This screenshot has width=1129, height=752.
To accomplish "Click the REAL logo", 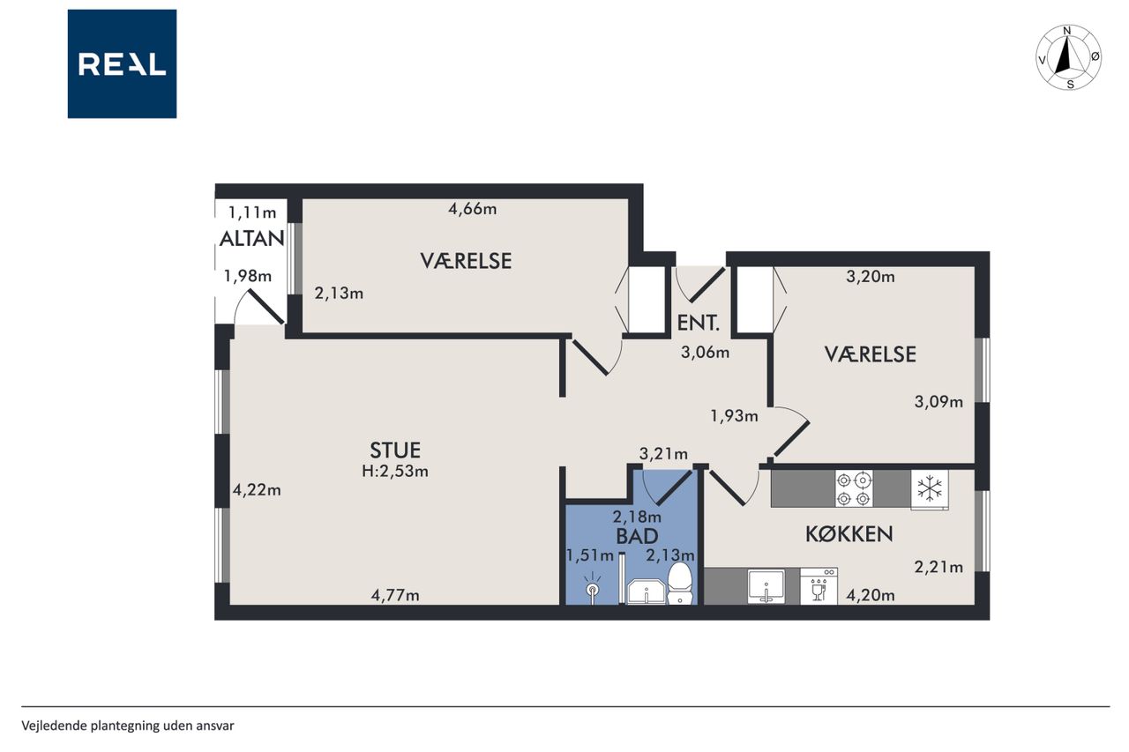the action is (122, 64).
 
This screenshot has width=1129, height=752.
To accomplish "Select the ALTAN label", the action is (252, 239).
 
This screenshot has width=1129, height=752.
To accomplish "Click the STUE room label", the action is (395, 450).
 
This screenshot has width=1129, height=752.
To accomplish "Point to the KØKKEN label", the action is (849, 534).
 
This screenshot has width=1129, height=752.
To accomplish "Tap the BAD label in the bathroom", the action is (637, 536).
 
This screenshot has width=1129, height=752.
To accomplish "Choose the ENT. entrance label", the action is (698, 323).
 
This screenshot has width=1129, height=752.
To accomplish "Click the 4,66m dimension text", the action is (472, 209).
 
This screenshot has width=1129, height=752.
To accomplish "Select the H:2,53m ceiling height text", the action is (395, 472).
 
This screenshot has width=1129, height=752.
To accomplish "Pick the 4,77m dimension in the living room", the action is (395, 595).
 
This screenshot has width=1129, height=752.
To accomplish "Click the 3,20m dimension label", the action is (871, 277).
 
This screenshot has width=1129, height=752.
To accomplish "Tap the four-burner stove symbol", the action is (854, 488).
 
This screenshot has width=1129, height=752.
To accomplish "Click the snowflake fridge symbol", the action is (930, 489).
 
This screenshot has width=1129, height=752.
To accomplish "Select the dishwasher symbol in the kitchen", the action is (819, 585).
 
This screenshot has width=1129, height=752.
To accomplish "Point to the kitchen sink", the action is (766, 586).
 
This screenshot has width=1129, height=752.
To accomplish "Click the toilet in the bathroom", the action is (680, 584).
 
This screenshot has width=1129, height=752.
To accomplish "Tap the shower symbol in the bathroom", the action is (592, 588).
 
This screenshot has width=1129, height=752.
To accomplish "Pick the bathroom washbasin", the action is (646, 592).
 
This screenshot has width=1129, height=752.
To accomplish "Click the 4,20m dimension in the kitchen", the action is (871, 595).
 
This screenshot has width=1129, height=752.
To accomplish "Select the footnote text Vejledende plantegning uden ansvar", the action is (128, 726).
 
